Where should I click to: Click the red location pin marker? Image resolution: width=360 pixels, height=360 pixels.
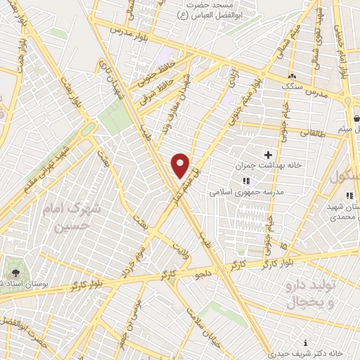[x=181, y=165]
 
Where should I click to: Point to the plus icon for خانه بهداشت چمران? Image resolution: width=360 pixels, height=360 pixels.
[x=267, y=154]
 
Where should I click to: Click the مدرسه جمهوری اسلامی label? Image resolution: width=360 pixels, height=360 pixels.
[x=246, y=191]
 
